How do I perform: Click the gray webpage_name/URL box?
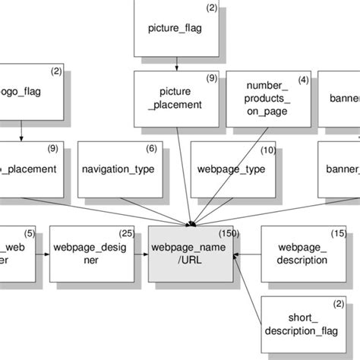pyautogui.click(x=190, y=254)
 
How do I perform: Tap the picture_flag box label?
pyautogui.click(x=176, y=29)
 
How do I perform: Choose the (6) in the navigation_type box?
pyautogui.click(x=151, y=150)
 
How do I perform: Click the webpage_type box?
pyautogui.click(x=231, y=169)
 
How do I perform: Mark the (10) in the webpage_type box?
pyautogui.click(x=268, y=150)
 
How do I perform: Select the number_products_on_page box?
pyautogui.click(x=269, y=99)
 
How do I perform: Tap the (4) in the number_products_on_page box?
pyautogui.click(x=303, y=80)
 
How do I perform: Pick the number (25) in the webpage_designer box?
pyautogui.click(x=127, y=232)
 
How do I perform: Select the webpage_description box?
pyautogui.click(x=303, y=254)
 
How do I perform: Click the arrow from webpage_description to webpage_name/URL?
pyautogui.click(x=248, y=254)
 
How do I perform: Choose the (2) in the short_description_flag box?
pyautogui.click(x=339, y=304)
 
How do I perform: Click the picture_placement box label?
pyautogui.click(x=176, y=99)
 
